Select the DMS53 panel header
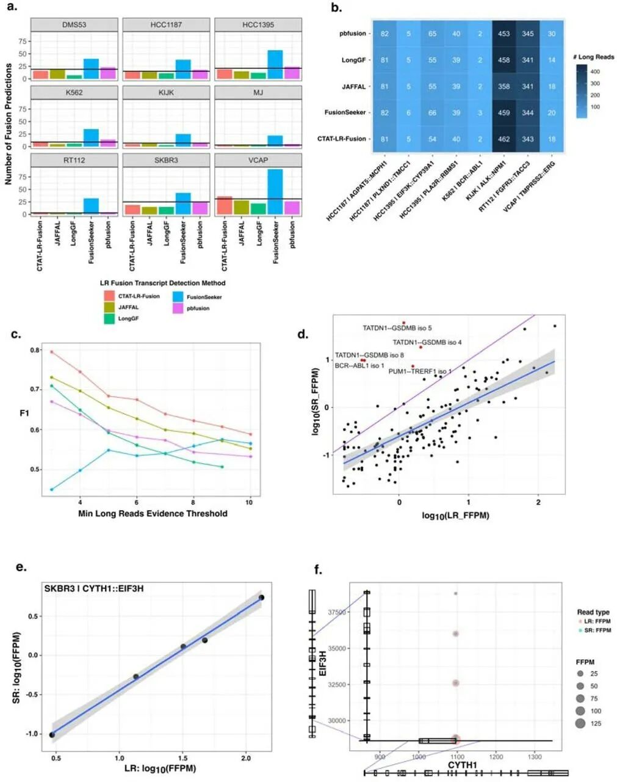74,25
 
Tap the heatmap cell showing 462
503,139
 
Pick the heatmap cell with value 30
551,34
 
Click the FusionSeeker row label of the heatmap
345,112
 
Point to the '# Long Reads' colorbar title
594,57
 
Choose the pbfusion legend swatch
178,309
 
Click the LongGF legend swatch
109,318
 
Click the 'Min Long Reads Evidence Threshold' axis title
153,514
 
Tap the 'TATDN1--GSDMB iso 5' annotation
397,328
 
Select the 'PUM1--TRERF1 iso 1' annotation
420,371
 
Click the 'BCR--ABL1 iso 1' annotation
359,365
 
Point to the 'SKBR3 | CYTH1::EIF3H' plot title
93,589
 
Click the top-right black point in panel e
261,597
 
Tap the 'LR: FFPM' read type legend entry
596,621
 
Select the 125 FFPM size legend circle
580,724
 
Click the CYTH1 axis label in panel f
462,765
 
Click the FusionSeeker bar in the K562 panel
91,137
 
